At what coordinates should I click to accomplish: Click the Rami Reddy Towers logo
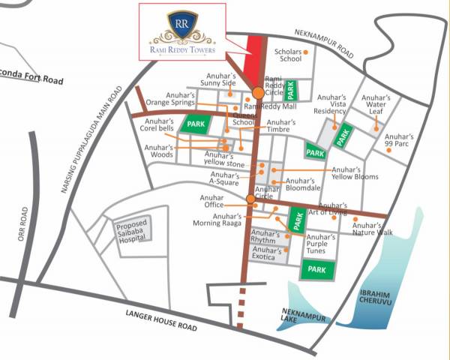181,31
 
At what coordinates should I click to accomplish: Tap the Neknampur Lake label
304,315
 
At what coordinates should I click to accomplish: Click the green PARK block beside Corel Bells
196,123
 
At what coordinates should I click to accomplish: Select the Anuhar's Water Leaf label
375,104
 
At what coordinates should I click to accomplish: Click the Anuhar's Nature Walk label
372,229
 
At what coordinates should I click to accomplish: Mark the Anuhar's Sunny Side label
222,79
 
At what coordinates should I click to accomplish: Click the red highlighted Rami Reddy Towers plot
255,55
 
